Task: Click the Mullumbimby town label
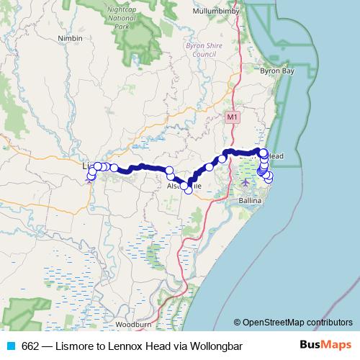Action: click(219, 12)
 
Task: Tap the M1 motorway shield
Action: click(231, 116)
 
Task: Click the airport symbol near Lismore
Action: click(89, 181)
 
